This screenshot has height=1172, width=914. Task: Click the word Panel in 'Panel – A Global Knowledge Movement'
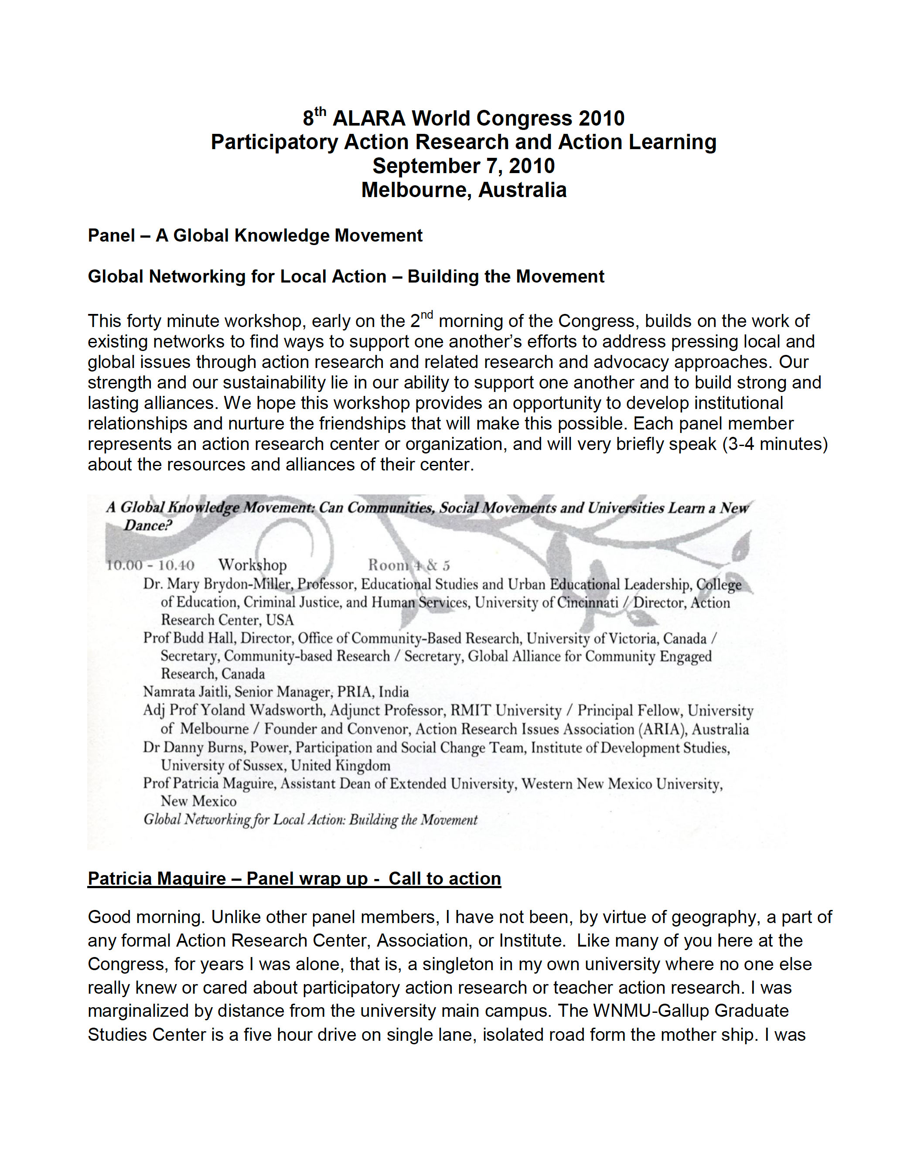[x=111, y=235]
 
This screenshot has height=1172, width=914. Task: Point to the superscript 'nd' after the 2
[x=426, y=315]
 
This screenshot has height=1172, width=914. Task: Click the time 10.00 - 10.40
[x=151, y=565]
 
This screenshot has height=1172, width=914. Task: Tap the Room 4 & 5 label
[x=409, y=565]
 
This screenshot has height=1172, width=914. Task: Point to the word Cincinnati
[x=587, y=603]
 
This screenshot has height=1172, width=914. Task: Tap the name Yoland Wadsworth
[x=262, y=711]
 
